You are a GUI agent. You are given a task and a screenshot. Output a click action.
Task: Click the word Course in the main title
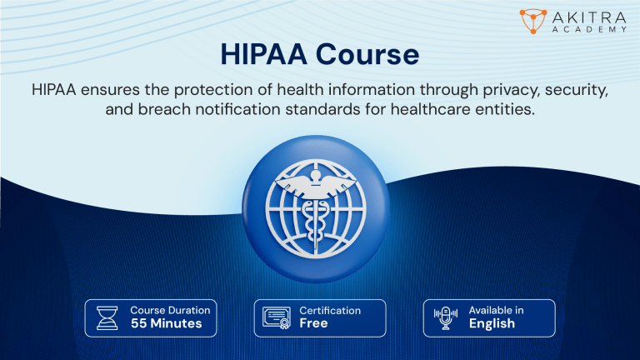pos(368,56)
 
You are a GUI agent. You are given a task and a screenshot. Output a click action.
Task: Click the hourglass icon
pos(108,317)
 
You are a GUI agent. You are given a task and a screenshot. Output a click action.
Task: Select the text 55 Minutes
pos(166,323)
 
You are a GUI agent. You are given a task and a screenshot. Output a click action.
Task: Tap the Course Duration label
pos(170,310)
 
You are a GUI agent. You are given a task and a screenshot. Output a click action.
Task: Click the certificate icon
pos(277,317)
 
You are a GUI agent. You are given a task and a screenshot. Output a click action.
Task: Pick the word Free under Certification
pos(313,323)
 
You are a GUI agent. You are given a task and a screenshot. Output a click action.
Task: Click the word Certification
pos(330,310)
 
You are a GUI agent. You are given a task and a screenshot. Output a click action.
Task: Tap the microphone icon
pos(445,317)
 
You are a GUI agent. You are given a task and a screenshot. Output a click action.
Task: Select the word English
pos(492,323)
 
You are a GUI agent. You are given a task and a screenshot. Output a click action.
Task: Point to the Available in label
pos(496,310)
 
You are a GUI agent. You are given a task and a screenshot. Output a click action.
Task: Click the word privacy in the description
pos(481,89)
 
